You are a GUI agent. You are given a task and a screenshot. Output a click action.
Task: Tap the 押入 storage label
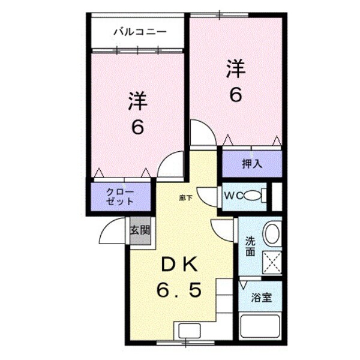(x=252, y=164)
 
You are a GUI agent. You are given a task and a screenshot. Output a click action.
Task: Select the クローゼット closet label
(x=121, y=196)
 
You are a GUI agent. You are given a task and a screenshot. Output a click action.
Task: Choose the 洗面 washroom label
(x=250, y=247)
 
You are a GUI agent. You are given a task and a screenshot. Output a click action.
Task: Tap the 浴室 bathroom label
(x=262, y=298)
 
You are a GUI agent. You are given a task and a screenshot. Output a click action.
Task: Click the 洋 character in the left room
(x=137, y=101)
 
